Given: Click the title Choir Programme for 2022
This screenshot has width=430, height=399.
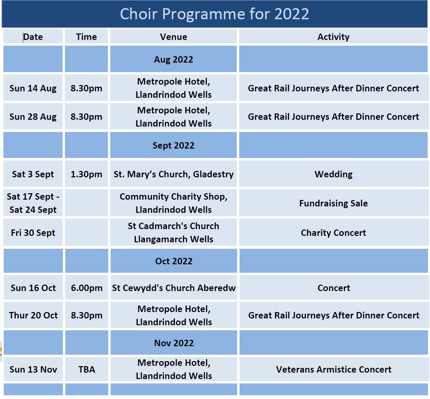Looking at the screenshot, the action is (214, 14).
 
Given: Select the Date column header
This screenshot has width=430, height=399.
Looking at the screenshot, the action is (33, 37).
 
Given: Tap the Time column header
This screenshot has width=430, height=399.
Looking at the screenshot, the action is (86, 37).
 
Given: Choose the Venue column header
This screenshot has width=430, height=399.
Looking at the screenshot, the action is (174, 37).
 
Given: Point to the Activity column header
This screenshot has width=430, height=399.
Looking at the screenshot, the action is (334, 37).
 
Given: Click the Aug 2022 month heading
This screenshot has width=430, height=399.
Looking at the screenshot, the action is (174, 60).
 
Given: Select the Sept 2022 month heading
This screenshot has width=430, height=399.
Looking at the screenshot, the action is (174, 145).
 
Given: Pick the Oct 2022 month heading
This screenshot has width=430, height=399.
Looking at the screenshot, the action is (174, 261).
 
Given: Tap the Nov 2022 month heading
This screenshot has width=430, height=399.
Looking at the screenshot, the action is (174, 343).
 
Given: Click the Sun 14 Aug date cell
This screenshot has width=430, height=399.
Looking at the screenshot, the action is (33, 88).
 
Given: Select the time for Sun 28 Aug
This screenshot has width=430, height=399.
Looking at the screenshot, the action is (86, 117).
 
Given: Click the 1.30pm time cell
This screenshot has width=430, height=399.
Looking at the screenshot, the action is (86, 174).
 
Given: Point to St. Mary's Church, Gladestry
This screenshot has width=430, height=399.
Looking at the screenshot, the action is (174, 174).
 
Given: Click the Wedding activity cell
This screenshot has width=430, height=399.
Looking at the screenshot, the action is (334, 174).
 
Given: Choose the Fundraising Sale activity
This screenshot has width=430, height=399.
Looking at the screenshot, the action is (334, 203).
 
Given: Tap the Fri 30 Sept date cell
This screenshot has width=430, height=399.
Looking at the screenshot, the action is (33, 233).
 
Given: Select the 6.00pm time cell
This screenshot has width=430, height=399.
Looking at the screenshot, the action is (87, 288).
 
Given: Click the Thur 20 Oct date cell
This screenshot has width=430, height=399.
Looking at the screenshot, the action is (33, 315).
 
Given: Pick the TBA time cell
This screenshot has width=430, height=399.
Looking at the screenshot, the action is (87, 369).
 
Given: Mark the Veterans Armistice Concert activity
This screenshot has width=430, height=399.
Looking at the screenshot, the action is (334, 369).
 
